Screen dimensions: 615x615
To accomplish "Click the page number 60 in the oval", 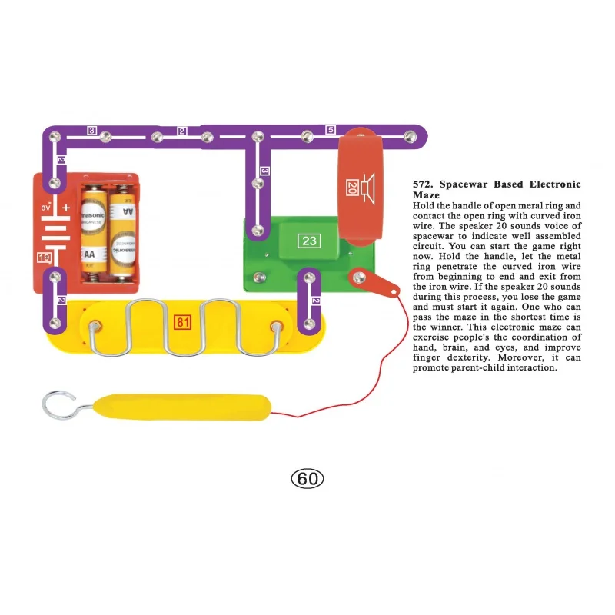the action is pos(307,479).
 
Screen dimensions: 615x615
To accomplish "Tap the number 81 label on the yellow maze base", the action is pos(183,322).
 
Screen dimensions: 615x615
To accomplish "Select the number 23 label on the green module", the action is pos(309,241).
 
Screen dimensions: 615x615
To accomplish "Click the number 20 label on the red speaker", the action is pos(351,188).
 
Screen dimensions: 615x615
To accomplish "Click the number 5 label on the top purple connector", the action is pos(331,130).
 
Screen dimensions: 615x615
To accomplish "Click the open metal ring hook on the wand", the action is pos(58,405).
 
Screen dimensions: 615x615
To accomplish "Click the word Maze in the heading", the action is pos(425,195).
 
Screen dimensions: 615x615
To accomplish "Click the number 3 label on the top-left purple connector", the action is pos(91,131).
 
